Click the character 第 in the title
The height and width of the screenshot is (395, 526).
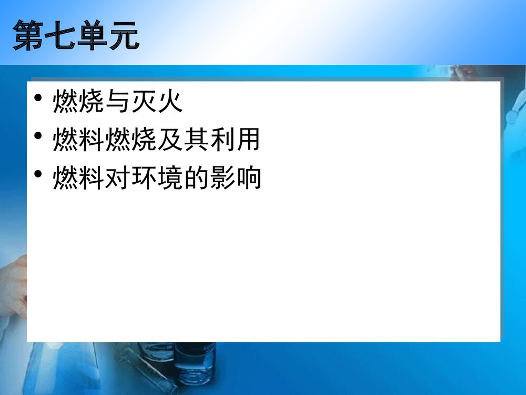pos(28,36)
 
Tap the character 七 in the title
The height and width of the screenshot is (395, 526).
pos(60,36)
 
